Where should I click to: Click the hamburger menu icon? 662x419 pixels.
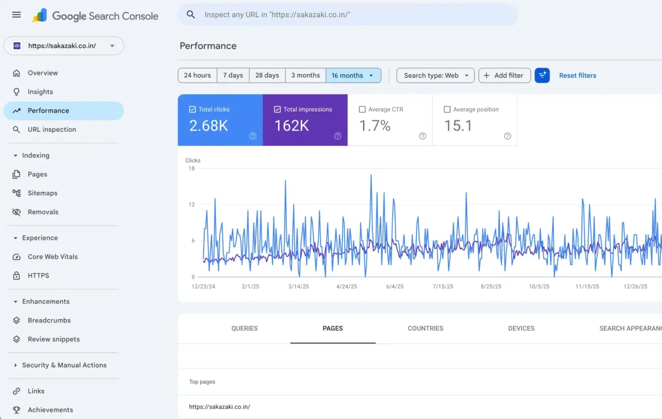pos(17,14)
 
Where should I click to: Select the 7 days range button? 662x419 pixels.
pos(233,76)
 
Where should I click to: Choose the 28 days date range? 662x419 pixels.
pos(267,76)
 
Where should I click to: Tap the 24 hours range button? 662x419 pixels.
pos(197,76)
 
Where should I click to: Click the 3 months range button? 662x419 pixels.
pos(306,76)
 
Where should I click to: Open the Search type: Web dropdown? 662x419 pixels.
pos(435,76)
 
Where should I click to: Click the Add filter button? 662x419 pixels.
pos(504,76)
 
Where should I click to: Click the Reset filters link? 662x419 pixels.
pos(578,76)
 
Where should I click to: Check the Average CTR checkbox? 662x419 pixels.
pos(362,109)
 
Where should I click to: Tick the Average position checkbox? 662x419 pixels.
pos(447,109)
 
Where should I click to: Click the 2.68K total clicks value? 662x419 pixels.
pos(209,126)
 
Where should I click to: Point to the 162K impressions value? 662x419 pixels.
pos(291,126)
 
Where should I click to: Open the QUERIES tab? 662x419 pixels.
pos(244,329)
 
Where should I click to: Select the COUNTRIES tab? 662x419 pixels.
pos(425,329)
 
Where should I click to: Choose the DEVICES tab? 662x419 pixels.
pos(521,329)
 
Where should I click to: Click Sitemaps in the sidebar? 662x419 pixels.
pos(42,193)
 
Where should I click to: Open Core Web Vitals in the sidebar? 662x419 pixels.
pos(52,257)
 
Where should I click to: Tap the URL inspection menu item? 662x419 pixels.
pos(52,130)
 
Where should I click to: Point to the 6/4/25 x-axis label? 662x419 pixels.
pos(394,287)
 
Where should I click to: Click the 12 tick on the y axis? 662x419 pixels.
pos(191,205)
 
